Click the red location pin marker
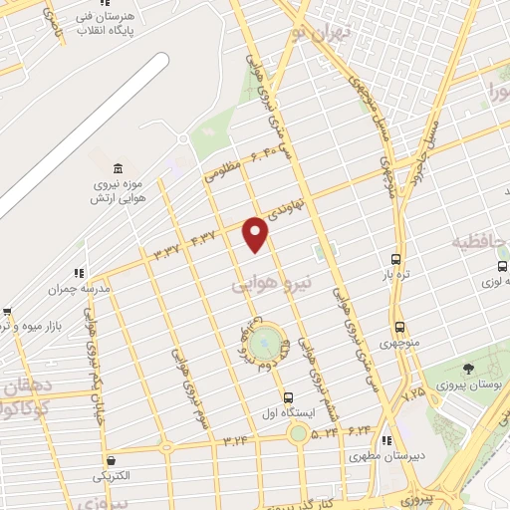click(257, 233)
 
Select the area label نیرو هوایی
click(272, 284)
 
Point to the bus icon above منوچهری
click(399, 327)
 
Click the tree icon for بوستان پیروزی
click(468, 370)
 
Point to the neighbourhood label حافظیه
click(476, 242)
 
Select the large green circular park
click(264, 343)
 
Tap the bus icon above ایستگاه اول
click(288, 396)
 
